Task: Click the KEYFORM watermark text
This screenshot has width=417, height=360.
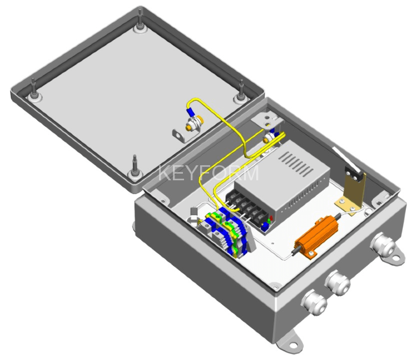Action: (x=209, y=173)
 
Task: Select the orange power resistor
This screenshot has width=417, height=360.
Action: (x=316, y=236)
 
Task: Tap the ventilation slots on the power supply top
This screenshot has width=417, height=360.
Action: (x=296, y=164)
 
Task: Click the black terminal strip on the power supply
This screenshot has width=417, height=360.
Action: (x=246, y=206)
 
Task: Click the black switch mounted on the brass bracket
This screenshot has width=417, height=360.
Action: (x=353, y=174)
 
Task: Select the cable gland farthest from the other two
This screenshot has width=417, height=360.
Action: (x=384, y=245)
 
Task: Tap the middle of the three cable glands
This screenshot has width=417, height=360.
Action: (x=337, y=283)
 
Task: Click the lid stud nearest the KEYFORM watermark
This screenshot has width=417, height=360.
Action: (x=135, y=169)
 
